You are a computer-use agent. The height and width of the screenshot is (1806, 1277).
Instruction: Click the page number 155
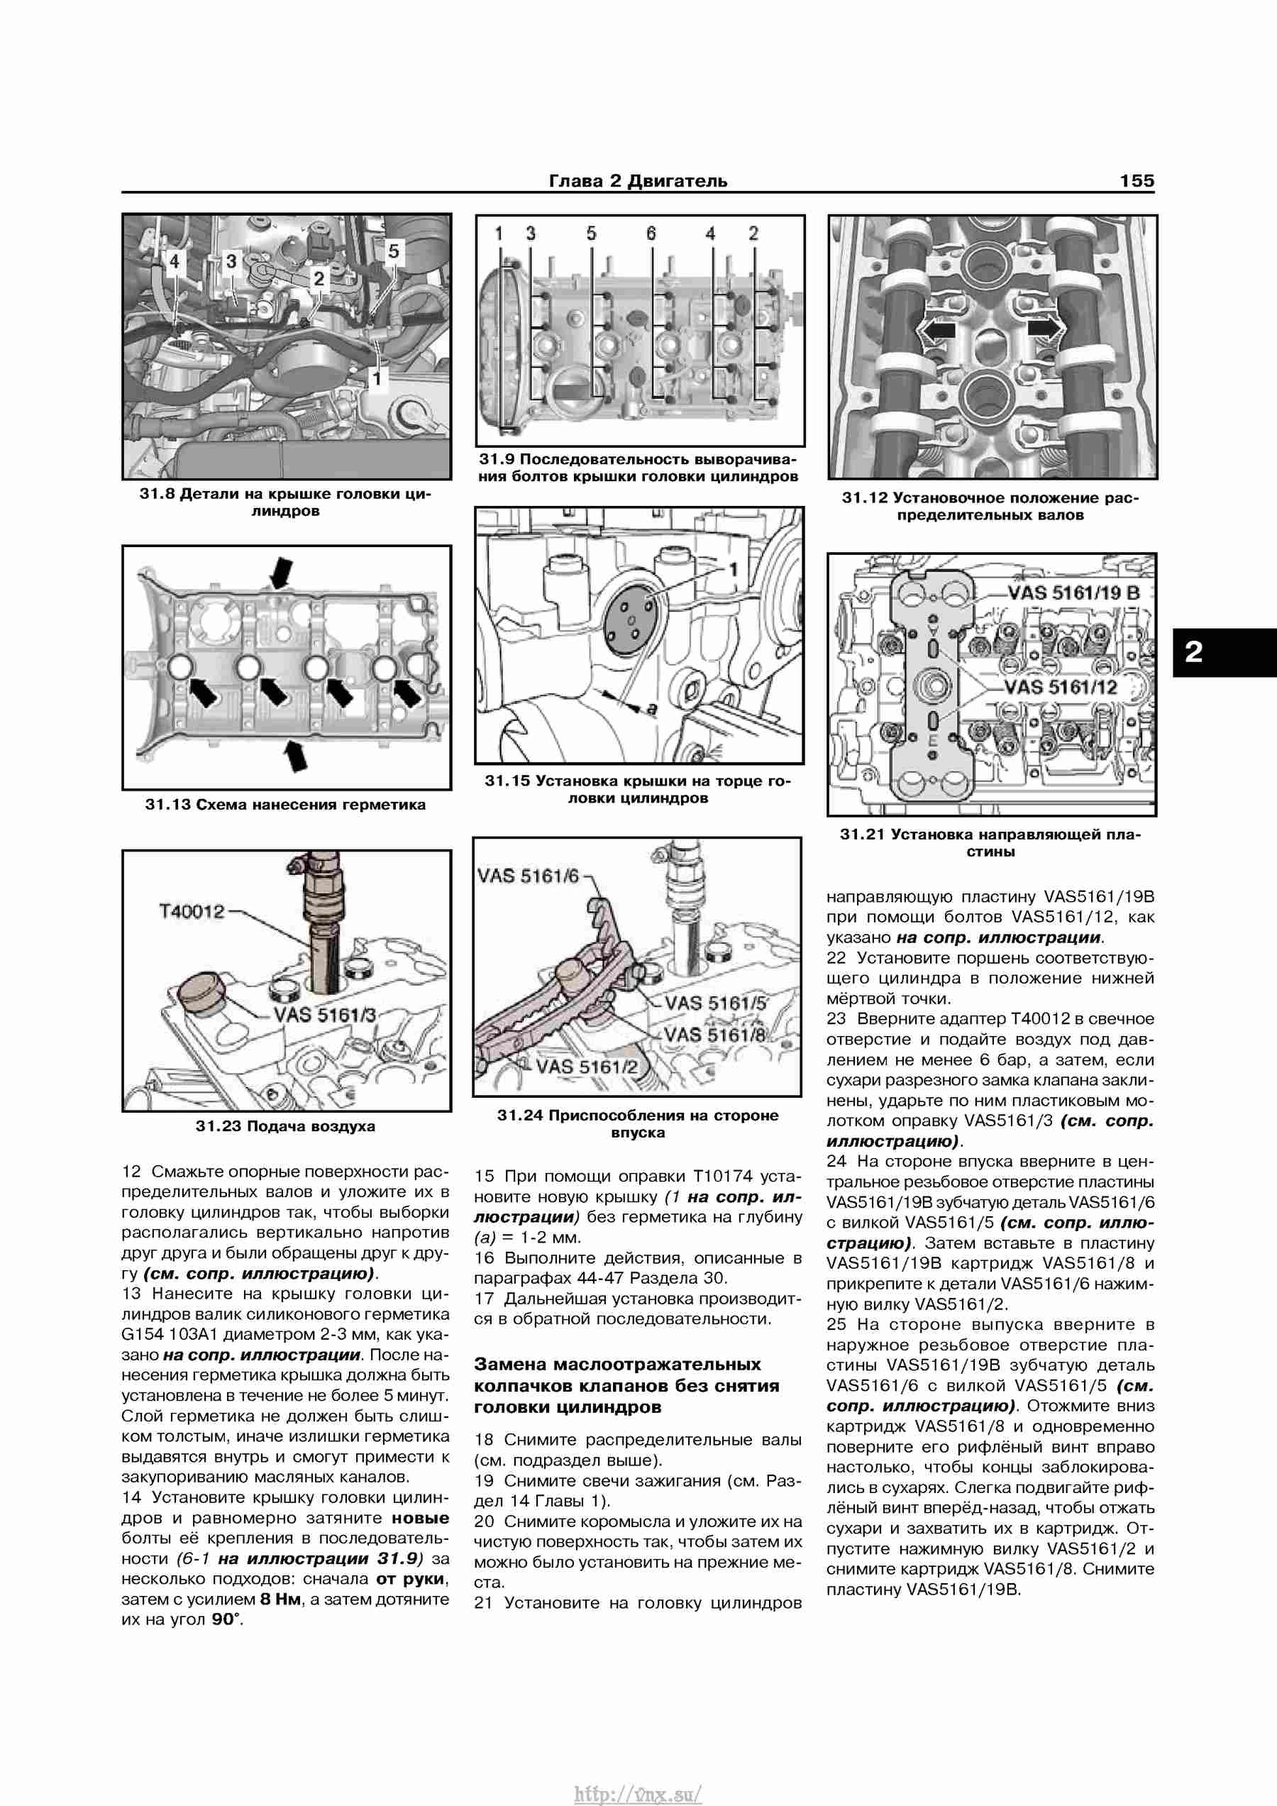[1137, 181]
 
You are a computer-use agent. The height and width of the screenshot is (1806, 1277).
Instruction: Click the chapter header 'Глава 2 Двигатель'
[638, 181]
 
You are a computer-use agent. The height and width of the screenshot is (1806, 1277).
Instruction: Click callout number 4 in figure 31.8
[174, 260]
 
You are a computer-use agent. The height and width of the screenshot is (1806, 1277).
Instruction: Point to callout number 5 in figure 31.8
[393, 251]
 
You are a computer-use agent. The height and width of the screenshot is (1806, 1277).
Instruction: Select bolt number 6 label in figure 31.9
[651, 233]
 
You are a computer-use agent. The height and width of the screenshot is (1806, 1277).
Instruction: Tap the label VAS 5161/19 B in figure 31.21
[1073, 593]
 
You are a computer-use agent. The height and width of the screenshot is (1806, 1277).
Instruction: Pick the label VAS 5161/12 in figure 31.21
[1061, 687]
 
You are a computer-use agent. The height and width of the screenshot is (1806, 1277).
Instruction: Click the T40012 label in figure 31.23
[192, 912]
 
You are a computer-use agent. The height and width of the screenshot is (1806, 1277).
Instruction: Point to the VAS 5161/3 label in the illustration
[325, 1015]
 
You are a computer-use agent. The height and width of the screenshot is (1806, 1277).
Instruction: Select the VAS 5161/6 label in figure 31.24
[528, 876]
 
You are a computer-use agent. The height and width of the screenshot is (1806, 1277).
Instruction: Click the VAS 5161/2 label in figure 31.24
[587, 1067]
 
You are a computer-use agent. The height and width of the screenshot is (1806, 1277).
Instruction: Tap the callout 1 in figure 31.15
[733, 568]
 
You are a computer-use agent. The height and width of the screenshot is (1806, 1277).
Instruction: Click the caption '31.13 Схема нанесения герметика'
[285, 805]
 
